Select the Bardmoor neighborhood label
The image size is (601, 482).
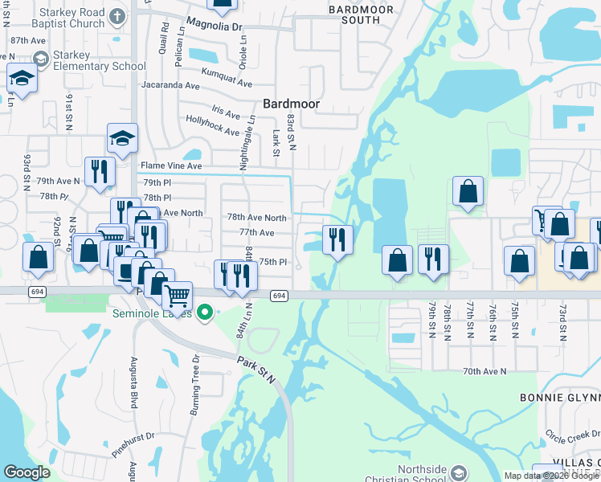[x=292, y=104]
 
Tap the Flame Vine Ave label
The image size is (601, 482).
[x=171, y=165]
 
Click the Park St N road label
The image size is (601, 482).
[x=256, y=366]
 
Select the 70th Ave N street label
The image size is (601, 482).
[x=484, y=371]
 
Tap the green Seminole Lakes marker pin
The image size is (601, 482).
[x=205, y=312]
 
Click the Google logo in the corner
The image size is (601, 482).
[x=27, y=472]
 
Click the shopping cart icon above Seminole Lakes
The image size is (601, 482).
[x=177, y=296]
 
